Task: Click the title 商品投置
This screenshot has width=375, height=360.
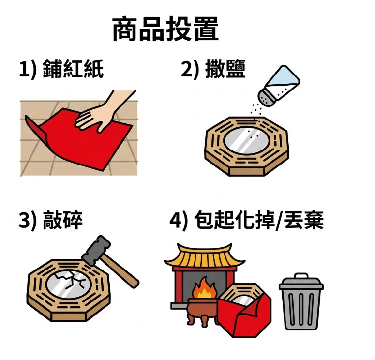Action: [x=165, y=29]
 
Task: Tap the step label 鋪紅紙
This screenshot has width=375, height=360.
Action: [x=73, y=69]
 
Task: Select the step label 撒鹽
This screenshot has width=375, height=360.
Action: [x=225, y=69]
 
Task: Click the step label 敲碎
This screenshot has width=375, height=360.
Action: [x=62, y=220]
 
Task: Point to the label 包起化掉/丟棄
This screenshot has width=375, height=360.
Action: [x=259, y=220]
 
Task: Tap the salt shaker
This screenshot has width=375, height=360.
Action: [x=279, y=86]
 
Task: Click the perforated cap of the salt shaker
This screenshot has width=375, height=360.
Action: [x=266, y=97]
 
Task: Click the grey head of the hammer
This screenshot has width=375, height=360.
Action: [x=96, y=251]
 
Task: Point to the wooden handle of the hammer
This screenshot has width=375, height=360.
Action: [x=120, y=271]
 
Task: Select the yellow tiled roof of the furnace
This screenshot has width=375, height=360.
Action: [x=204, y=256]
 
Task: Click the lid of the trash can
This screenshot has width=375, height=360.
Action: [x=301, y=282]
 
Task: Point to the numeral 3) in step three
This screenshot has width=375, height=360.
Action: [x=28, y=221]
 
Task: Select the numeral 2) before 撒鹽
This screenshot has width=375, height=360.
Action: [x=190, y=69]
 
